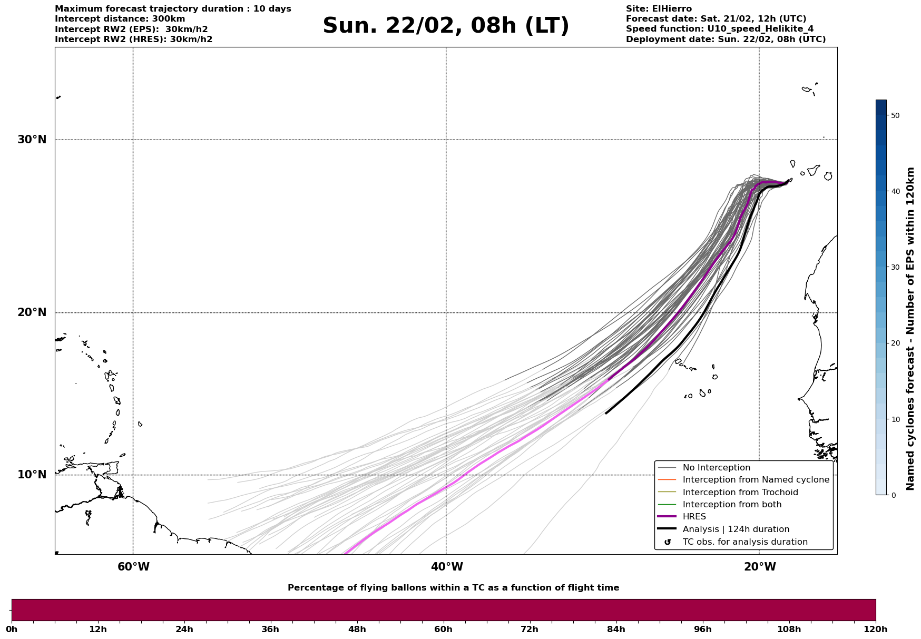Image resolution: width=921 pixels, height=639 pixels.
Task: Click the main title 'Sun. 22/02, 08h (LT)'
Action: point(446,26)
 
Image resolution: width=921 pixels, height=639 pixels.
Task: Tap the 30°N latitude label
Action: point(32,140)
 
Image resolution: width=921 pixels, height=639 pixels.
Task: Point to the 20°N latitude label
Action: point(32,312)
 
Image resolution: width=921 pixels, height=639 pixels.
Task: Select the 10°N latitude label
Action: point(32,475)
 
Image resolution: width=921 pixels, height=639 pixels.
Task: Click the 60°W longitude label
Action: point(133,567)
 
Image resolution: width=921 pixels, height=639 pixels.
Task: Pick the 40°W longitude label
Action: point(447,567)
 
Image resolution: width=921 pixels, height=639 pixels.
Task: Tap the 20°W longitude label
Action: point(760,567)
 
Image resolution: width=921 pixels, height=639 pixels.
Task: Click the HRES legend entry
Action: point(694,517)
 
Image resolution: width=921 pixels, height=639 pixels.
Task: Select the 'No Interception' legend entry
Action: point(716,468)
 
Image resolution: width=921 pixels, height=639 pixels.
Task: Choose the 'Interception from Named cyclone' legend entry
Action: point(756,480)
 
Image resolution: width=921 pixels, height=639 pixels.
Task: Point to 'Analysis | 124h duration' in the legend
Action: point(736,529)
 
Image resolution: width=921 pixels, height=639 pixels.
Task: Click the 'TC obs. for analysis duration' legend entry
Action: point(744,542)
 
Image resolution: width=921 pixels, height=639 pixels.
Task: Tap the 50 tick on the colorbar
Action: point(895,115)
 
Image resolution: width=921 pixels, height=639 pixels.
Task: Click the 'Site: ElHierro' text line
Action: point(659,9)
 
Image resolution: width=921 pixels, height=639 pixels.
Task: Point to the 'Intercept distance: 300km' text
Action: point(120,19)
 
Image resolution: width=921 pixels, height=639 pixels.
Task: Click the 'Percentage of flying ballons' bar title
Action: point(453,588)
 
